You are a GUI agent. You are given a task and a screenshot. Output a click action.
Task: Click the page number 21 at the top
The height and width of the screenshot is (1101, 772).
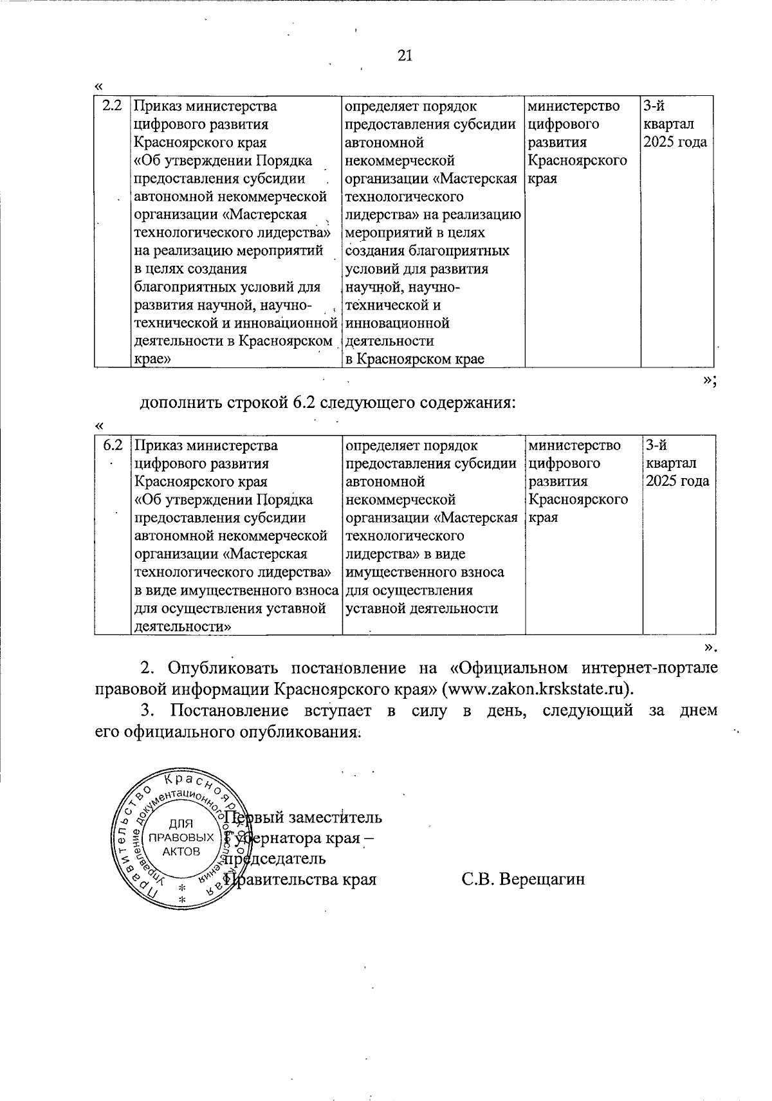click(405, 56)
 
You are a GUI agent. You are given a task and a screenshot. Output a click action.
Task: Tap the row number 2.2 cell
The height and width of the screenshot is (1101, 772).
click(112, 106)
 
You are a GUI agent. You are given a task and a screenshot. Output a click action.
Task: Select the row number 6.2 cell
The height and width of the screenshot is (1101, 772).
click(112, 445)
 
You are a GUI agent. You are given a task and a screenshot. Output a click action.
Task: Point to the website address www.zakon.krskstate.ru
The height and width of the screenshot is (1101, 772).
click(535, 688)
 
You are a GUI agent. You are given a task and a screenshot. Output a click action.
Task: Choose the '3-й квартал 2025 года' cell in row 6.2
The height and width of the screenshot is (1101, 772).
click(678, 463)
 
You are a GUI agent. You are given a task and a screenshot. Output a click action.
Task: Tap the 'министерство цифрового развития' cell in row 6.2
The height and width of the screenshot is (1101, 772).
click(578, 481)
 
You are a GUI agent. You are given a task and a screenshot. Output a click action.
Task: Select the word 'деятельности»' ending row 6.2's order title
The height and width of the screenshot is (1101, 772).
click(183, 627)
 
